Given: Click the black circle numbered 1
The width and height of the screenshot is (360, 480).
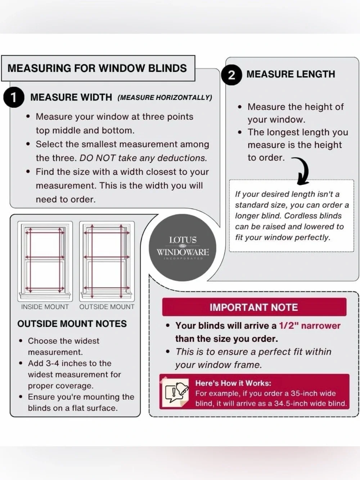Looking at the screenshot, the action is click(14, 97).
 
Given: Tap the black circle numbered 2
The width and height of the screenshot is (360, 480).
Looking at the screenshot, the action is click(231, 75).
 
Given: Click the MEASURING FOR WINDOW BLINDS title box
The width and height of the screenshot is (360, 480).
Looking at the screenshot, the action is click(98, 68).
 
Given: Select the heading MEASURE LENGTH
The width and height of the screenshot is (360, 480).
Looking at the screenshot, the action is click(291, 74).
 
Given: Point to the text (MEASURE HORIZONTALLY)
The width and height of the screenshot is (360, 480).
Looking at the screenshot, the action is click(165, 98).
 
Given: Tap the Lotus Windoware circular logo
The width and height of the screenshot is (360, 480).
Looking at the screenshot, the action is click(183, 247).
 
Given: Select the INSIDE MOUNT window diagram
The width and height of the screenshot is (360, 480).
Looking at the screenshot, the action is click(45, 261).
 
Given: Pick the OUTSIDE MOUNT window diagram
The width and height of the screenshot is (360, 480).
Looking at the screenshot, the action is click(107, 261).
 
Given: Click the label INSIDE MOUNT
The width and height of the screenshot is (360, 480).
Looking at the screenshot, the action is click(45, 307).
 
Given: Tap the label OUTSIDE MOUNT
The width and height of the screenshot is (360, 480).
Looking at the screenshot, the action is click(107, 307).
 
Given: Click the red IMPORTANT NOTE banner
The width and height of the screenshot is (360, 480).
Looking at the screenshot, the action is click(254, 307).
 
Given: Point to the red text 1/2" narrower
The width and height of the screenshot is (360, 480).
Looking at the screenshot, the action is click(310, 326).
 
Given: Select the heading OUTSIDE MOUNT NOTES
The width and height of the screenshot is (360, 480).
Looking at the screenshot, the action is click(72, 324).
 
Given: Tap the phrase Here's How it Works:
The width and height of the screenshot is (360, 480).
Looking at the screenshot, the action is click(233, 383).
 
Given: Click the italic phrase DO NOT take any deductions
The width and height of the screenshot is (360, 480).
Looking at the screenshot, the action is click(143, 158).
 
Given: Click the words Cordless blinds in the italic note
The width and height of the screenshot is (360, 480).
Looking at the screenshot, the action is click(313, 216).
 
